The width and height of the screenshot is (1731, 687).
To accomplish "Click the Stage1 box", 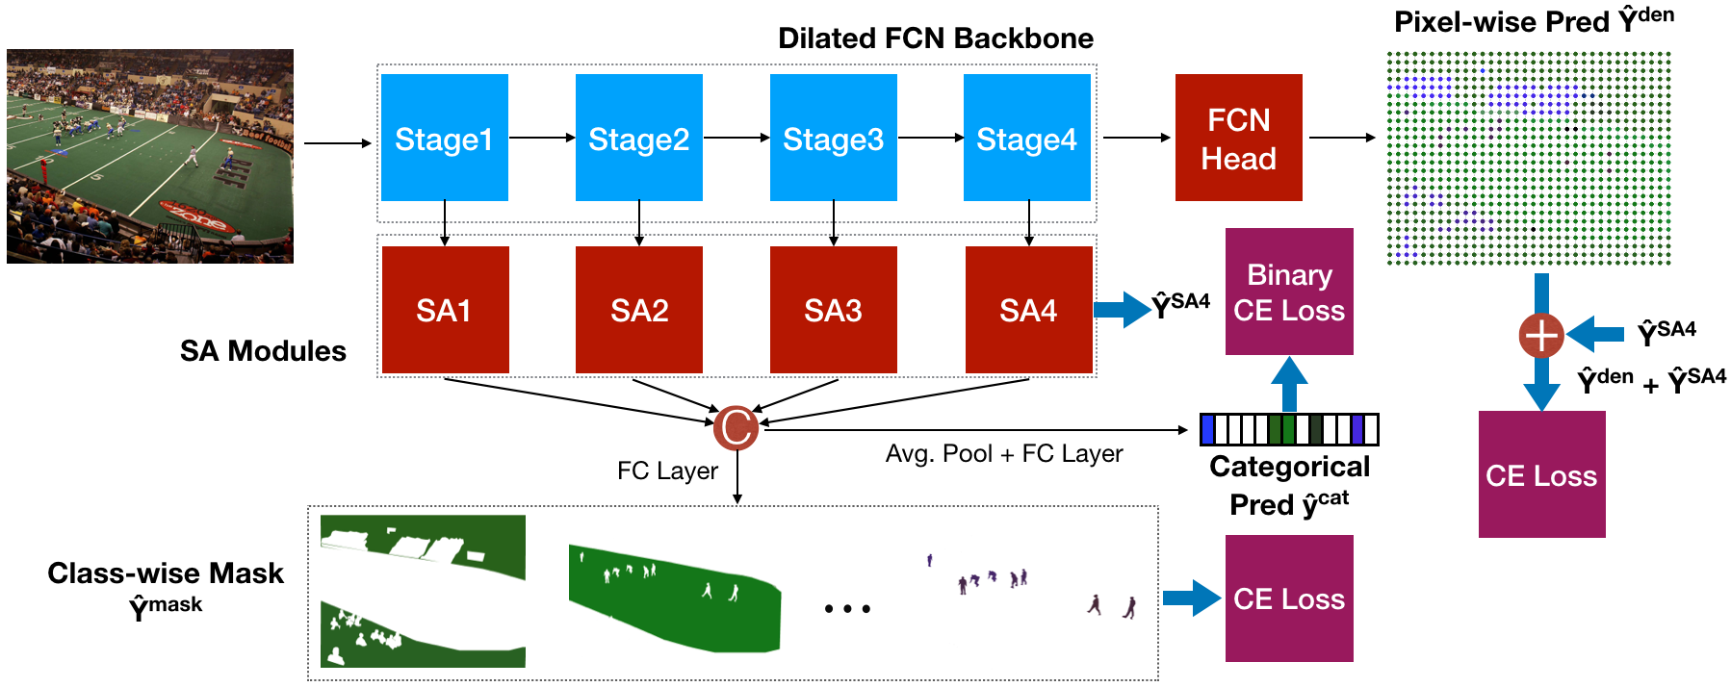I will [444, 138].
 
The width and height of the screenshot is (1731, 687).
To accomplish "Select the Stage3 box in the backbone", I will [833, 138].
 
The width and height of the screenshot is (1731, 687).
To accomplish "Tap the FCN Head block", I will [1238, 138].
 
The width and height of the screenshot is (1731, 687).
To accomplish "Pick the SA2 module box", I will [638, 310].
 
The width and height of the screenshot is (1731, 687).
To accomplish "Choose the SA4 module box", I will [1028, 310].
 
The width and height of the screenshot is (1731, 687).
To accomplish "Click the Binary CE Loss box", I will [1289, 292].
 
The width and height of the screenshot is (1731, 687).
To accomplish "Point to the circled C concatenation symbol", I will [736, 427].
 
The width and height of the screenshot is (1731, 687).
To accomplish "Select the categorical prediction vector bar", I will [1289, 429].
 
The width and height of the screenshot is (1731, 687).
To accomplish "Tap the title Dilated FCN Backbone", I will [935, 38].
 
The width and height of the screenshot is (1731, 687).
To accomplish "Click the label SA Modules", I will [263, 351].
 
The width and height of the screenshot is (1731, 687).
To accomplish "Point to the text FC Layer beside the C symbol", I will [667, 471].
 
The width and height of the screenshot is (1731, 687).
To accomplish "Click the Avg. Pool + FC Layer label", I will [1004, 453].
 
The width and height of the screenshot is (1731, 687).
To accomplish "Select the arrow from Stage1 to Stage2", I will [542, 138].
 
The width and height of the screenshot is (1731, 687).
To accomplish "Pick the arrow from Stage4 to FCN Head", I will [1136, 138].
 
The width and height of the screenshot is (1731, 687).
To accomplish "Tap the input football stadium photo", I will [150, 156].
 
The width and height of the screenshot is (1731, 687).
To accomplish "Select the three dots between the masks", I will [847, 608].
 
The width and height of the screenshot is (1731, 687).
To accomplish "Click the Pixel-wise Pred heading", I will [1534, 21].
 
